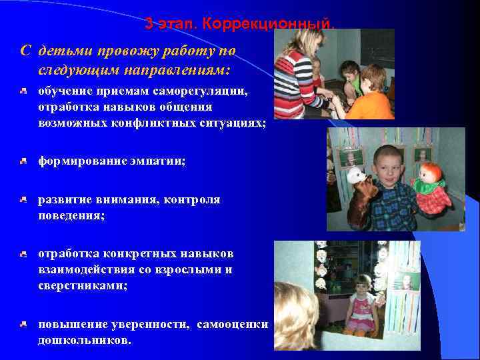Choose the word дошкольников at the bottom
tap(84, 339)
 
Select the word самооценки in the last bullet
tap(237, 325)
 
